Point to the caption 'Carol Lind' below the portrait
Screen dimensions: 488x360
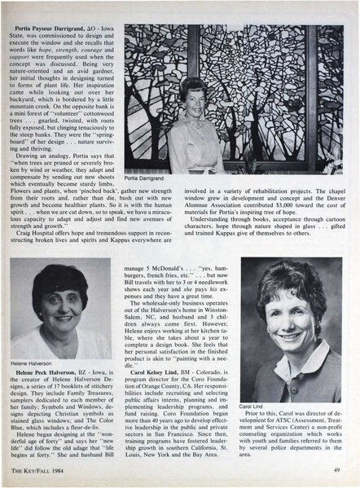coord(252,405)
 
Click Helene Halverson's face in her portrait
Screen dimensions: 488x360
coord(60,306)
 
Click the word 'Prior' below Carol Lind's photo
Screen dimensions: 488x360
coord(263,415)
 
